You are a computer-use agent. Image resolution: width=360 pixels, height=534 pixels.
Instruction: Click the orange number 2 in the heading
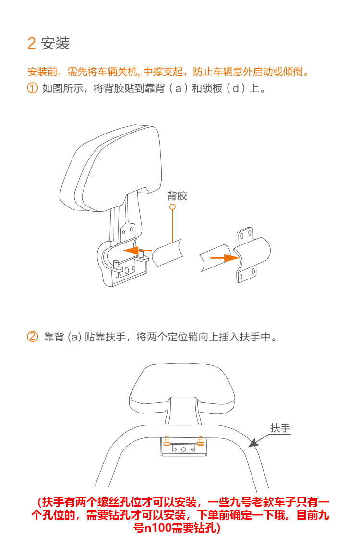(x=32, y=43)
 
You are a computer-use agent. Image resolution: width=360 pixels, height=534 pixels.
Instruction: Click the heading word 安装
(x=55, y=43)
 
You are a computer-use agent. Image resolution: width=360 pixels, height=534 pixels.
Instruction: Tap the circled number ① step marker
(x=32, y=88)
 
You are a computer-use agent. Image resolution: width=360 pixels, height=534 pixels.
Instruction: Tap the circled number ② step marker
(x=32, y=337)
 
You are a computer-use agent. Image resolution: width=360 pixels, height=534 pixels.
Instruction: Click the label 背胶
(x=177, y=196)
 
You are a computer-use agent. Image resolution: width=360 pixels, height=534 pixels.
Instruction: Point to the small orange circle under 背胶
(x=172, y=206)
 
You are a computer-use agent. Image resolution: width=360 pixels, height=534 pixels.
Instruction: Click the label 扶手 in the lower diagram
(x=280, y=428)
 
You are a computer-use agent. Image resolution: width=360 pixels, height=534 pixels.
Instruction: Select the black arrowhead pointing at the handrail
(x=252, y=442)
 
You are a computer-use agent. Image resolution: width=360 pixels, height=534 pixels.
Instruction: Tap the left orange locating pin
(x=167, y=440)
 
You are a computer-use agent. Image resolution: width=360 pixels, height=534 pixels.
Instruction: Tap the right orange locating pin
(x=201, y=440)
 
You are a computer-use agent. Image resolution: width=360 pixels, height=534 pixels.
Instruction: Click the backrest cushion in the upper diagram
(x=110, y=167)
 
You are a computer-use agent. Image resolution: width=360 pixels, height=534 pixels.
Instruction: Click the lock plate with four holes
(x=252, y=254)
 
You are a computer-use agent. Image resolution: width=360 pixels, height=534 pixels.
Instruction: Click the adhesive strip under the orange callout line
(x=168, y=253)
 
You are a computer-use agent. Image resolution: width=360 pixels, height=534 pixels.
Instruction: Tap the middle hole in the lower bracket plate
(x=183, y=449)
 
